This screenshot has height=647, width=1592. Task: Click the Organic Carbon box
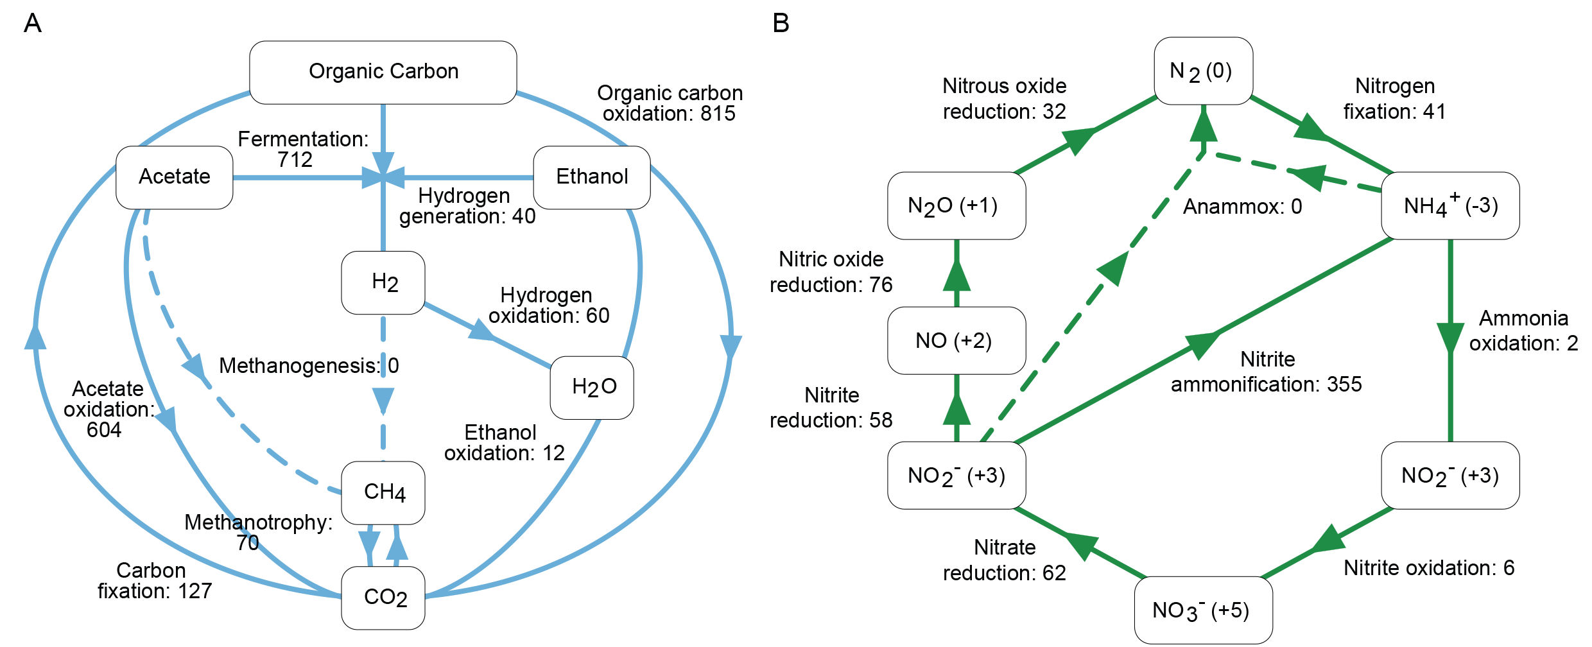(383, 73)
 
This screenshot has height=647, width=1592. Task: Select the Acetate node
(175, 177)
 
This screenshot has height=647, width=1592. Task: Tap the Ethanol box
(592, 177)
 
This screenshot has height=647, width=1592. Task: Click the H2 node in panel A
(383, 282)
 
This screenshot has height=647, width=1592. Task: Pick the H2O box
(592, 388)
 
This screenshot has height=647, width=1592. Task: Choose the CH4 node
(383, 493)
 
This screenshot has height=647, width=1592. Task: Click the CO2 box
(383, 598)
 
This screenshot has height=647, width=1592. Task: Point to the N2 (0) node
(1204, 71)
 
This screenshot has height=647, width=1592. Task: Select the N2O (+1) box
(956, 205)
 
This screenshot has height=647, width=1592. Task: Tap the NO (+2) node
(956, 340)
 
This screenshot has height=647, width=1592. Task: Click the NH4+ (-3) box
(1450, 205)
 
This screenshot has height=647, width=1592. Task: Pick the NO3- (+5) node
(1204, 610)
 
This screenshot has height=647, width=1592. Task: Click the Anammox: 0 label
(1243, 206)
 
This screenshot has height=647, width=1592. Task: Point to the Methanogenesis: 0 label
(309, 365)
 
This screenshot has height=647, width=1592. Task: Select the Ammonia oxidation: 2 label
(1523, 330)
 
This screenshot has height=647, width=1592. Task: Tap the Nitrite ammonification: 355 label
(1267, 371)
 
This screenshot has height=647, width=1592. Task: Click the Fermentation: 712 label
(303, 149)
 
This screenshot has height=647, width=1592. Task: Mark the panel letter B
(781, 23)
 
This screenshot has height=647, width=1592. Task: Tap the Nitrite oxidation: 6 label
(1429, 567)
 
